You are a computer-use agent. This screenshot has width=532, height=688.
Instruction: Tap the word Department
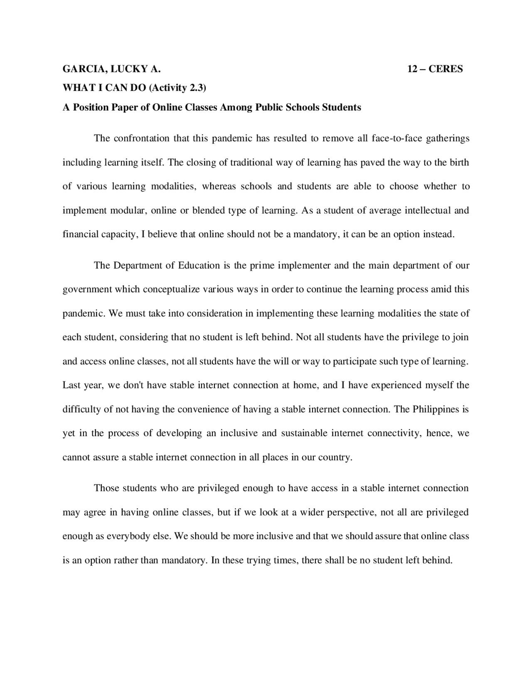138,265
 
